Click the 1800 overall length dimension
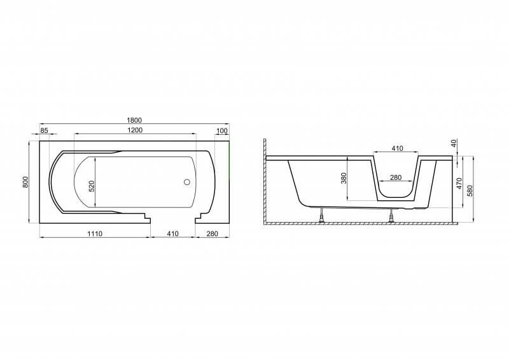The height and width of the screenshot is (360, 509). point(134,120)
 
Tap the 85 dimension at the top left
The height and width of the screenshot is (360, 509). point(44,130)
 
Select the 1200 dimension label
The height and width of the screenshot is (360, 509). point(135,130)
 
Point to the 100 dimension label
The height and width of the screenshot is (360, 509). point(221,131)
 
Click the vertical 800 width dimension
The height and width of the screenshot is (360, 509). point(26,182)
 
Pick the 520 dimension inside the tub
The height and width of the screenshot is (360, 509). point(92,186)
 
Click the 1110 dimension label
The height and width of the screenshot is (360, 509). point(95,233)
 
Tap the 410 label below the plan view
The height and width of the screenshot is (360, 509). point(172,233)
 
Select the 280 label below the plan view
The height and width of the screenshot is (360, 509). point(213,233)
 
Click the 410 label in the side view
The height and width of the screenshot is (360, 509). point(397,148)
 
